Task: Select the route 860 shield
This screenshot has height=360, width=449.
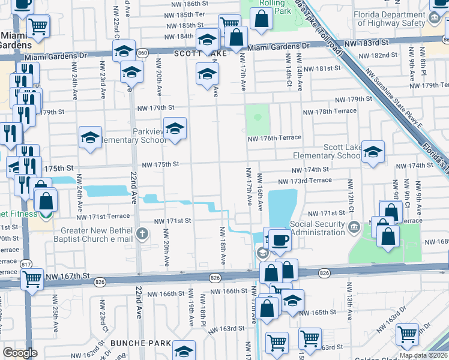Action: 142,53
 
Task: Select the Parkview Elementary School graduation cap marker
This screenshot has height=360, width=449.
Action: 175,128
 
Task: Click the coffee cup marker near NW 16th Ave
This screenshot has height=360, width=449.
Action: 279,240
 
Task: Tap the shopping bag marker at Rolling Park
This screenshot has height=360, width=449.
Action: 261,19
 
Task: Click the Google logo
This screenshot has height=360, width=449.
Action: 20,352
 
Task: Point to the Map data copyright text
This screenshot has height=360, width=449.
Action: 423,355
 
